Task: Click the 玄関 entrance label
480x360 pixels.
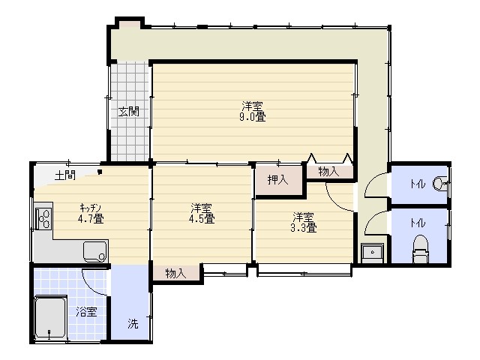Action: pos(129,112)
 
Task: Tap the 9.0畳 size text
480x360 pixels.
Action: pos(253,117)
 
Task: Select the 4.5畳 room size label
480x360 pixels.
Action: pos(202,218)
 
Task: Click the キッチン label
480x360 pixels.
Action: pos(90,208)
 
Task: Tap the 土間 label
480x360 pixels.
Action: pos(65,175)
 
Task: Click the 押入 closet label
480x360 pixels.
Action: pos(278,179)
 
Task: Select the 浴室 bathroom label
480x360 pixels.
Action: pos(87,312)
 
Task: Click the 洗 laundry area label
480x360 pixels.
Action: pos(133,323)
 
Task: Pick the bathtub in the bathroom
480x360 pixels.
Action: pos(50,317)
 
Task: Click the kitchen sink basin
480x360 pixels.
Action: pos(95,252)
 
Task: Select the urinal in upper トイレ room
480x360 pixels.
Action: pos(440,183)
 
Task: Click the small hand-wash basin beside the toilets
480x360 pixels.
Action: pos(373,253)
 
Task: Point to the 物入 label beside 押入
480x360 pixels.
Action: pos(329,172)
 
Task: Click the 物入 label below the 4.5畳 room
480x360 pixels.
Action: pos(176,273)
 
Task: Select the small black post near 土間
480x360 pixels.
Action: pos(100,172)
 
